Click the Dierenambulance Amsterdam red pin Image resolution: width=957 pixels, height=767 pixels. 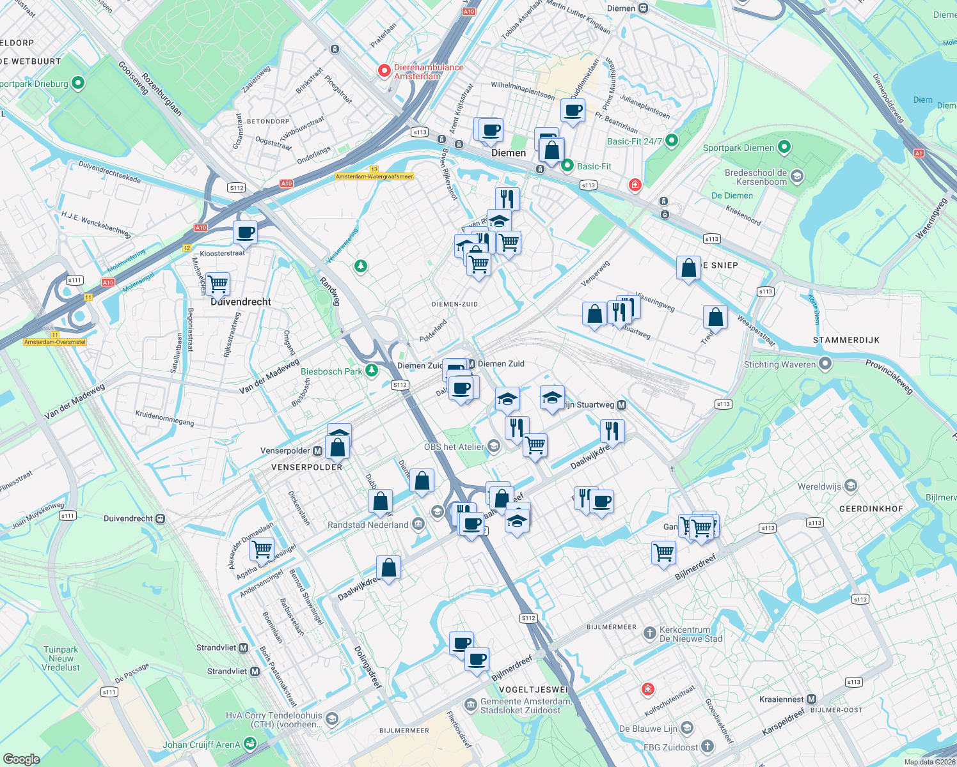coord(384,71)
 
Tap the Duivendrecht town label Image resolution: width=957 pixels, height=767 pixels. coord(241,302)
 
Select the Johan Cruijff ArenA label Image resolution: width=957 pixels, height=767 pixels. coord(202,745)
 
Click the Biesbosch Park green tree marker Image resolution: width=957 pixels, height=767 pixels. coord(372,371)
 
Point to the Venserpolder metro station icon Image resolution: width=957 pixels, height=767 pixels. coord(317,451)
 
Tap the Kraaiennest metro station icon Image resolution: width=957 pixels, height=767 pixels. coord(812,699)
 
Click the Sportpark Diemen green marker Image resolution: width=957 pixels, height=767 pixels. coord(784,148)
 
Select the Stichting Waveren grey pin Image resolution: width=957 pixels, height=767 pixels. coord(825,364)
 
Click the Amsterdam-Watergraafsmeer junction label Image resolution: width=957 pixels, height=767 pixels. coord(374,176)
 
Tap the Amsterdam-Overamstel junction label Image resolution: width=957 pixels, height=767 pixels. coord(55,342)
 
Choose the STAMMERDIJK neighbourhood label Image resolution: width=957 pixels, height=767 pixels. coord(846,340)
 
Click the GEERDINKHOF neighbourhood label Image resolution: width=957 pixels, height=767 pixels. coord(871,509)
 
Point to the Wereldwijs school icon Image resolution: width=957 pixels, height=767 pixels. coord(850,486)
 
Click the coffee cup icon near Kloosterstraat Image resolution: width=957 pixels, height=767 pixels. coord(245,233)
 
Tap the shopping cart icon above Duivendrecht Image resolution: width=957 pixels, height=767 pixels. coord(218,283)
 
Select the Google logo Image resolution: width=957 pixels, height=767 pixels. coord(21,759)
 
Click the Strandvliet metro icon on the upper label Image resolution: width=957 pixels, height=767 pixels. coord(243,647)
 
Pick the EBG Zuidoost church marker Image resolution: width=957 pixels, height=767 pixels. coord(707,747)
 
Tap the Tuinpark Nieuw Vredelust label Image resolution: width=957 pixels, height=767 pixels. coord(61,658)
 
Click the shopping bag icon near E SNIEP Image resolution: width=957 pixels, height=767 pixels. coord(688,268)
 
